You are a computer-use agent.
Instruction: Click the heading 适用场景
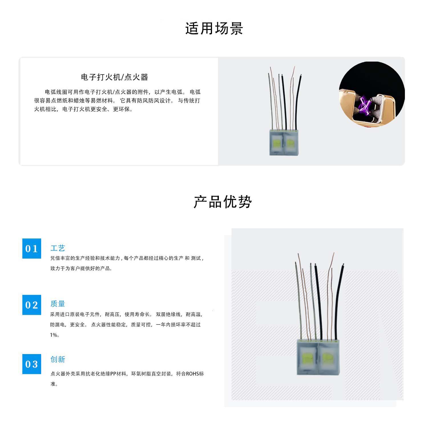[x=214, y=29]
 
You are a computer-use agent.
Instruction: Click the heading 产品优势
[x=223, y=202]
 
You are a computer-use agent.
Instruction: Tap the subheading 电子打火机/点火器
[x=114, y=77]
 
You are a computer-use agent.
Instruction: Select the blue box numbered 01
[x=32, y=249]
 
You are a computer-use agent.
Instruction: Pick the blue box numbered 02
[x=32, y=305]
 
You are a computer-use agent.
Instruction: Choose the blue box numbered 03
[x=32, y=364]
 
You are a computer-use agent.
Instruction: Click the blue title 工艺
[x=58, y=248]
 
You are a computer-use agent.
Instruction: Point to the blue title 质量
[x=58, y=304]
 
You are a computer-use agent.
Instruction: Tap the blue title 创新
[x=58, y=359]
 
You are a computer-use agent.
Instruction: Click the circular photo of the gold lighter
[x=372, y=94]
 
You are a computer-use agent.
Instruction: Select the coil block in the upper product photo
[x=284, y=142]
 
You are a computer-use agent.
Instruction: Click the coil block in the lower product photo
[x=318, y=357]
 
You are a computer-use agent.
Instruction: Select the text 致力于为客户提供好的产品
[x=80, y=268]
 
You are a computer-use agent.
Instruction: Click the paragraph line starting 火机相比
[x=83, y=109]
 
